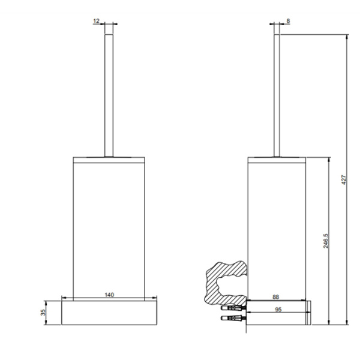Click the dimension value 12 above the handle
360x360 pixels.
tap(96, 20)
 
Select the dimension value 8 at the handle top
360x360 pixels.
tap(289, 20)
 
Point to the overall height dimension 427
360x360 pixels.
tap(343, 180)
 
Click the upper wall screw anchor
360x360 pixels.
tap(233, 305)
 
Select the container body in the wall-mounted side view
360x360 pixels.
tap(277, 228)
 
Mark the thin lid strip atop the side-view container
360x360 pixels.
tap(277, 160)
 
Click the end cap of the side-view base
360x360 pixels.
tap(310, 313)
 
